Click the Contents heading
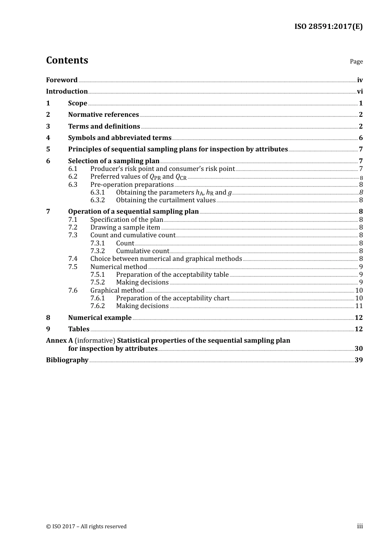[x=67, y=60]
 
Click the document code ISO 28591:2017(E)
[x=328, y=26]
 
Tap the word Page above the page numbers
[x=356, y=61]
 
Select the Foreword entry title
[x=62, y=80]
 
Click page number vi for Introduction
[x=360, y=92]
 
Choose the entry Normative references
[x=103, y=115]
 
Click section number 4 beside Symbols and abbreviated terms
[x=48, y=138]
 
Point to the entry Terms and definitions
[x=104, y=127]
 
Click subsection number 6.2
[x=73, y=177]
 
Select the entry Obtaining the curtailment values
[x=165, y=200]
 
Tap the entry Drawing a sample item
[x=125, y=228]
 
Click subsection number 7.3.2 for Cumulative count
[x=97, y=251]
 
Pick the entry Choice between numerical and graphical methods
[x=166, y=259]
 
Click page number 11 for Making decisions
[x=359, y=306]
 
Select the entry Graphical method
[x=117, y=291]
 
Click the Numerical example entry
[x=100, y=318]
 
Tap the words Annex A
[x=57, y=341]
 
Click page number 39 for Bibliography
[x=358, y=360]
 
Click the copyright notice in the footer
[x=86, y=527]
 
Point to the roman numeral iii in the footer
[x=360, y=526]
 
